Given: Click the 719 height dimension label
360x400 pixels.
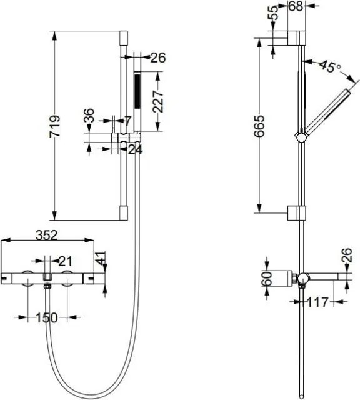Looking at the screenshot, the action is point(55,126).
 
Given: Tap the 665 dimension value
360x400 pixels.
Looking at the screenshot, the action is point(260,126).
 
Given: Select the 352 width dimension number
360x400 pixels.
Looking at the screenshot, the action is point(47,235).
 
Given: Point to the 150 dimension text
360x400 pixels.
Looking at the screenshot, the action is point(47,318).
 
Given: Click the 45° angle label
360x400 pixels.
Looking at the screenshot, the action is point(331,66).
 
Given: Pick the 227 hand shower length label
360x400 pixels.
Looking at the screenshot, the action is point(158,101).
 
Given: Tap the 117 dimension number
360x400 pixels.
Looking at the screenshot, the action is point(317,302).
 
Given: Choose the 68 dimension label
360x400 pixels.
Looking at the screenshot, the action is point(296,6).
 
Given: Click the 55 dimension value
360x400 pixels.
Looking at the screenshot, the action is point(273,12).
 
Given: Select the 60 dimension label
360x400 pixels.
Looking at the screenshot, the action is point(267,279).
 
